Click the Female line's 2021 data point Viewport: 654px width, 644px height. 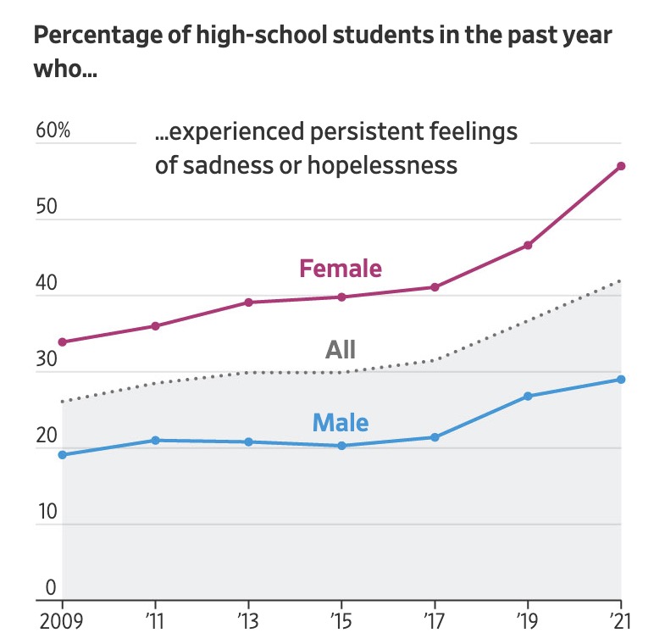point(621,166)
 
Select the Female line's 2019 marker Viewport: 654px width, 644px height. point(528,246)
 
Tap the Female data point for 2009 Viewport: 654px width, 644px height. point(63,342)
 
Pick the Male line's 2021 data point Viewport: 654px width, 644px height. point(621,380)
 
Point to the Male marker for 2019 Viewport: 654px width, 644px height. point(528,397)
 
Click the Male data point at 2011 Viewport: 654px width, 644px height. point(156,441)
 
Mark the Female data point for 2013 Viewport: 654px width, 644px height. point(249,303)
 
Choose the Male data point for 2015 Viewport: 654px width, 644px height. point(342,446)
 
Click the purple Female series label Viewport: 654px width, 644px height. point(341,269)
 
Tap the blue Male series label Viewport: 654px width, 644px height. point(341,421)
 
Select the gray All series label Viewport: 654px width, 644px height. point(341,349)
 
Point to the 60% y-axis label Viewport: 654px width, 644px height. point(53,132)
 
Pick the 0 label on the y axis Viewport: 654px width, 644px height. point(51,588)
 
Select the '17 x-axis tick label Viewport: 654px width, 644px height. point(434,621)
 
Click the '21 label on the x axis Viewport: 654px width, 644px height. point(620,621)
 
